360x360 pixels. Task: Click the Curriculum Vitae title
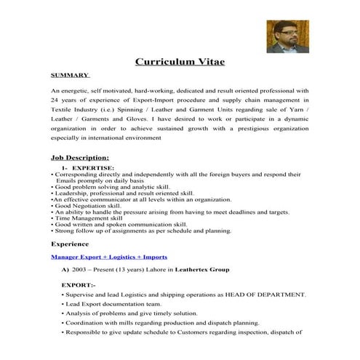coord(180,63)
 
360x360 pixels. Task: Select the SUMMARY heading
coord(70,75)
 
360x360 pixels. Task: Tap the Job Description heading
coord(80,157)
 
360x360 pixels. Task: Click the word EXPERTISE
coord(92,167)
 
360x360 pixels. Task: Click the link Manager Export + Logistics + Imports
coord(109,257)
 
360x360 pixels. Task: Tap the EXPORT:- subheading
coord(78,284)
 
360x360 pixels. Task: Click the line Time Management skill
coord(96,217)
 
